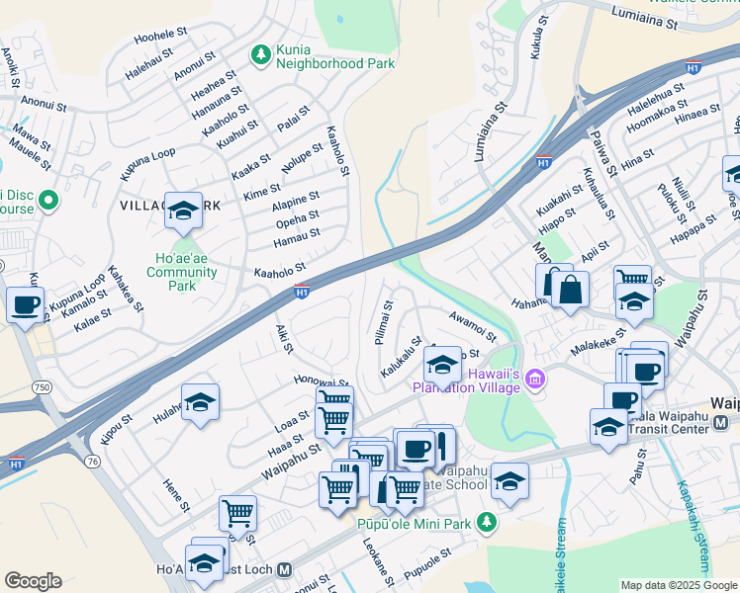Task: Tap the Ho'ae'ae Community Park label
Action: (x=179, y=272)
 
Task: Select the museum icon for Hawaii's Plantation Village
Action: (x=535, y=380)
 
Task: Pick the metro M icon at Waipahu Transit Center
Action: (x=720, y=422)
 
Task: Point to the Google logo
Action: (x=33, y=581)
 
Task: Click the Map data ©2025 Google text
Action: (x=679, y=585)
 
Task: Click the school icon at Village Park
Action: (x=183, y=210)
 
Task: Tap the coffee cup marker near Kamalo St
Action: (x=26, y=303)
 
